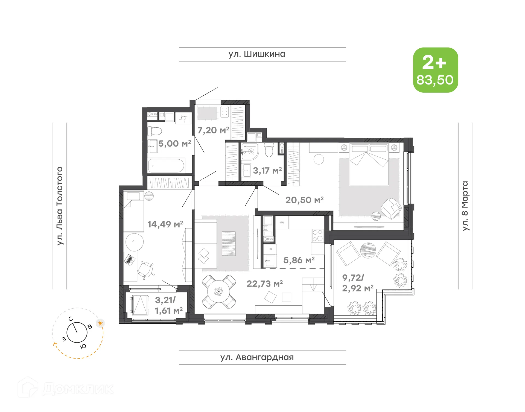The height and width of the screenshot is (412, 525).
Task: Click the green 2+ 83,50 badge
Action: pos(435,70)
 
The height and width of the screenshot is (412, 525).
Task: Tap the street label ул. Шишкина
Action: pos(257,54)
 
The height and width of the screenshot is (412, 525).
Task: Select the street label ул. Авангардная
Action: pos(257,357)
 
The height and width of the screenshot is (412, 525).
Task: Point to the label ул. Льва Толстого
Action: pos(60,206)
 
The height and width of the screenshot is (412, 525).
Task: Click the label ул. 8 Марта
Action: pos(465,206)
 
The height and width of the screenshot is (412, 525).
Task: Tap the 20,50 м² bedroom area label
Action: pos(304,200)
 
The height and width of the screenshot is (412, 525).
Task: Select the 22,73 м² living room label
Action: pos(264,284)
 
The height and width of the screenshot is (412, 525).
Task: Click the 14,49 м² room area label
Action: pos(165,224)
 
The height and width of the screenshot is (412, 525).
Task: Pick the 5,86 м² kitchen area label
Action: pos(299,260)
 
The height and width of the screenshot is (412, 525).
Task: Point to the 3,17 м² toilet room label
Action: pos(267,171)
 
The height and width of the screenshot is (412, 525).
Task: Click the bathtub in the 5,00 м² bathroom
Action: pos(166,165)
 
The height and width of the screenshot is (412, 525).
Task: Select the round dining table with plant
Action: pos(218,291)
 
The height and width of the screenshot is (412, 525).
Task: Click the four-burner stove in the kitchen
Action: pos(317,236)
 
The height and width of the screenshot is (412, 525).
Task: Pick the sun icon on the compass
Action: pos(100,323)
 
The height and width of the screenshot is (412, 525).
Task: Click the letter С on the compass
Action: pos(71,319)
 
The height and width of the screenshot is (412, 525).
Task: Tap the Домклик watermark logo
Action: pos(66,388)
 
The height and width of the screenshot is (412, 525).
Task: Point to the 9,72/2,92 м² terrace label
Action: pos(357,283)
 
